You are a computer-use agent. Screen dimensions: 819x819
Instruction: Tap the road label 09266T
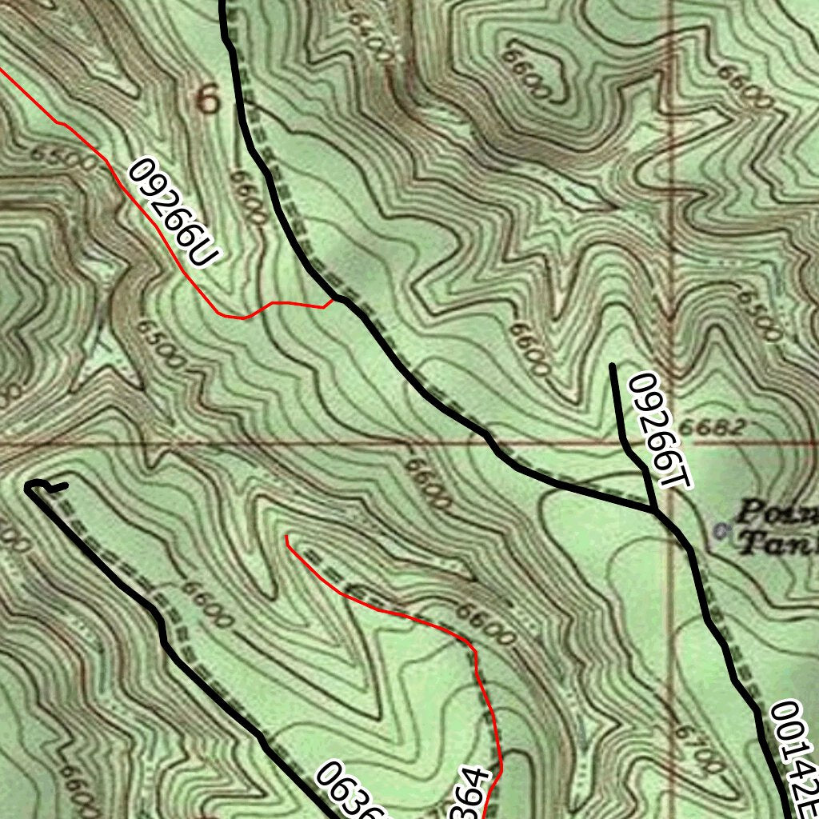658,430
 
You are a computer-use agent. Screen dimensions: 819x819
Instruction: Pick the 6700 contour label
697,748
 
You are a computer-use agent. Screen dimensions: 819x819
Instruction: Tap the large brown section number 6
207,100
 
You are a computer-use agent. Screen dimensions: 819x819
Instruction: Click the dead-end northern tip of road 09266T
612,366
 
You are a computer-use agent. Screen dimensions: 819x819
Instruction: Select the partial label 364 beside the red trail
472,796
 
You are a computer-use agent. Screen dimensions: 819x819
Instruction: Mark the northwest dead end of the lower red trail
286,537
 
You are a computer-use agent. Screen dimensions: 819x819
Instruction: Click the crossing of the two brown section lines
671,441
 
